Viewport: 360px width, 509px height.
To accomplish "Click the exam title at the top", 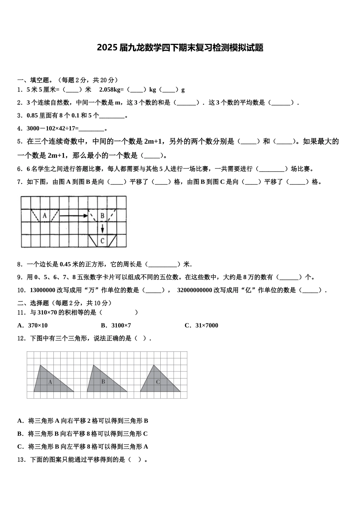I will tap(180, 48).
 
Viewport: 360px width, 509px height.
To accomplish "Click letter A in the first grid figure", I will tap(44, 216).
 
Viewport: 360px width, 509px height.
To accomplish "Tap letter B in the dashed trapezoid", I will tap(102, 216).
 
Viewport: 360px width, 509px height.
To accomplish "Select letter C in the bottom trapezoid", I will tap(102, 240).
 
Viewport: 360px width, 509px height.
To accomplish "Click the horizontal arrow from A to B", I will tap(74, 216).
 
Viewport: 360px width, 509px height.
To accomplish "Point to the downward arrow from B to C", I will tap(102, 228).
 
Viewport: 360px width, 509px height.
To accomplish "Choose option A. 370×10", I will tap(33, 325).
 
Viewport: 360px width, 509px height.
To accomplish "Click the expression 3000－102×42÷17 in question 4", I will tap(51, 128).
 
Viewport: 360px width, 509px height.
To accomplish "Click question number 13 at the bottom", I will tap(21, 459).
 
